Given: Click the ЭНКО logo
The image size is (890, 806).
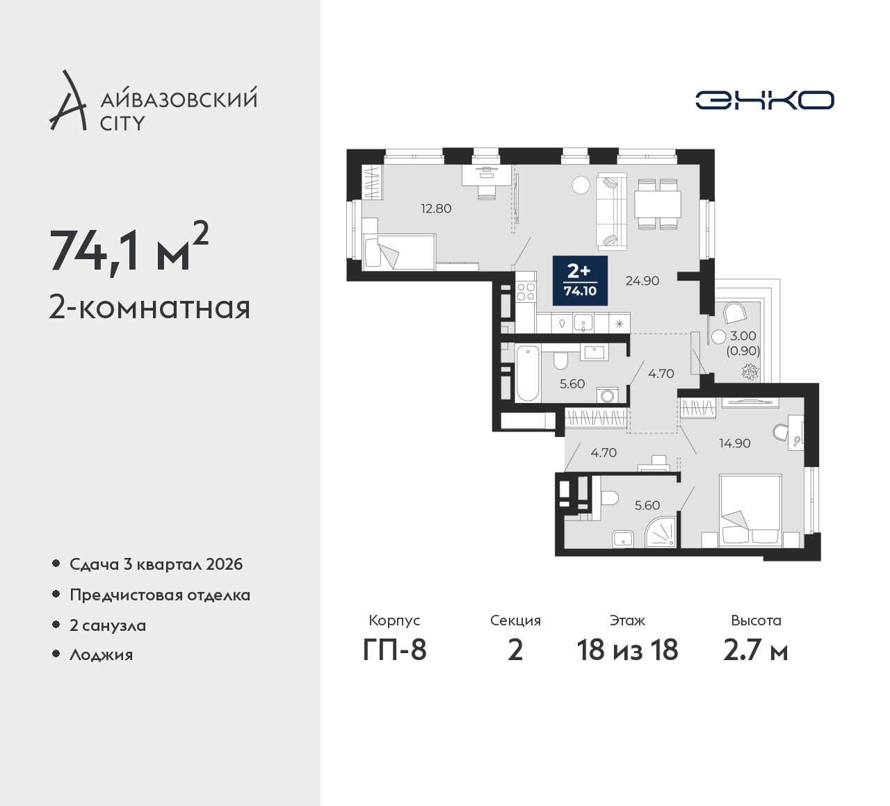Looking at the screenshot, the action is (x=764, y=100).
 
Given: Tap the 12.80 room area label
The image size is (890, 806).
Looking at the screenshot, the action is (x=436, y=208).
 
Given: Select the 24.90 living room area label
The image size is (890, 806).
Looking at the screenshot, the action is (x=642, y=281).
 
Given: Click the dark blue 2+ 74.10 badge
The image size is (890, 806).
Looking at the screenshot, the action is (x=580, y=281).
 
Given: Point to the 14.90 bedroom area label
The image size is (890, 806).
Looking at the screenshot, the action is (x=735, y=443).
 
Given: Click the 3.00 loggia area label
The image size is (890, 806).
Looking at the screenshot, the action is (x=743, y=336).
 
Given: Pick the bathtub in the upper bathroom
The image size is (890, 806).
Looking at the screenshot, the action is (x=528, y=374).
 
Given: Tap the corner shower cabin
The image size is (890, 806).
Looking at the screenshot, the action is (x=661, y=532).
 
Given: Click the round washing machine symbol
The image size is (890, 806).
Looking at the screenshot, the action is (x=607, y=395).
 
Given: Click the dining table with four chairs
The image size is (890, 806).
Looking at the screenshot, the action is (x=657, y=204).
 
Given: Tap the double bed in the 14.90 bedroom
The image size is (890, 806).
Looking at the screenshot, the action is (x=750, y=511).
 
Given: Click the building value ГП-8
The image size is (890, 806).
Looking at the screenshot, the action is (x=394, y=650).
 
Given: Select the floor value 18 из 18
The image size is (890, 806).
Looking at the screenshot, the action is (x=627, y=650).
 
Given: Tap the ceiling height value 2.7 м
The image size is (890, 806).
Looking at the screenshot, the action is (x=756, y=650).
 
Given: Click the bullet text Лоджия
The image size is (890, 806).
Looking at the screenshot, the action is (x=101, y=655).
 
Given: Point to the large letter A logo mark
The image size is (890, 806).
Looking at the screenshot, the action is (x=67, y=100).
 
